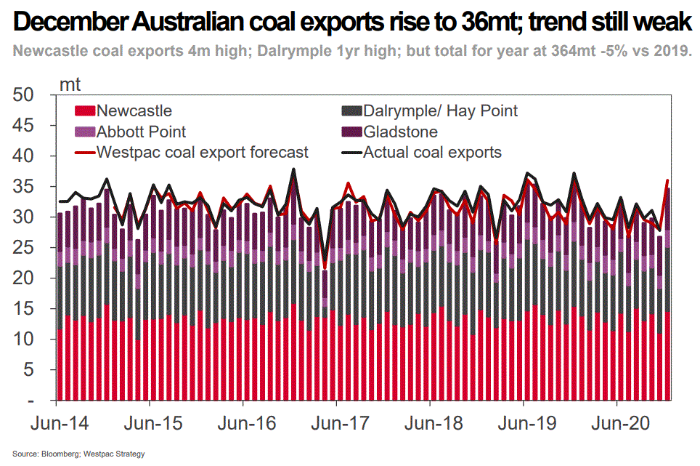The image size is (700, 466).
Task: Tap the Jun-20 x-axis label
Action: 616,423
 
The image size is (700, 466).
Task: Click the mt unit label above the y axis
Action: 70,84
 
